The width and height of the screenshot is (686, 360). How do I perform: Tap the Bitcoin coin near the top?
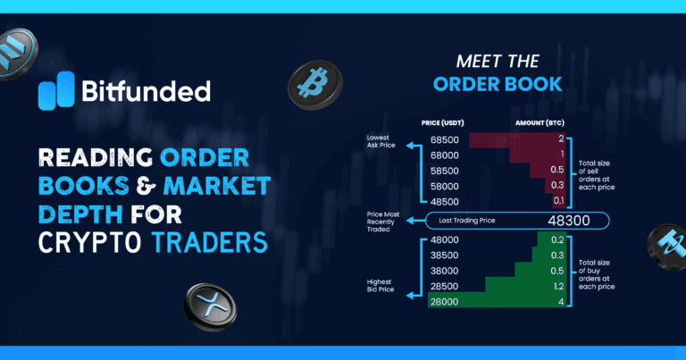point(314,85)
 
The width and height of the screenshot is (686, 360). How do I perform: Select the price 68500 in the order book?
point(444,140)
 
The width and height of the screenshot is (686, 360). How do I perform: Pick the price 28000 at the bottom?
point(444,303)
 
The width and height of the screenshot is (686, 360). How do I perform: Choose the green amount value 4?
point(560,303)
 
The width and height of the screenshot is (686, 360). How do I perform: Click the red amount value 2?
point(560,140)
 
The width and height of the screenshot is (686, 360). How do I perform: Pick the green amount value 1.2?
point(557,287)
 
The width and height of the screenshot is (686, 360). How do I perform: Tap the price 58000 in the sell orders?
point(444,186)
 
